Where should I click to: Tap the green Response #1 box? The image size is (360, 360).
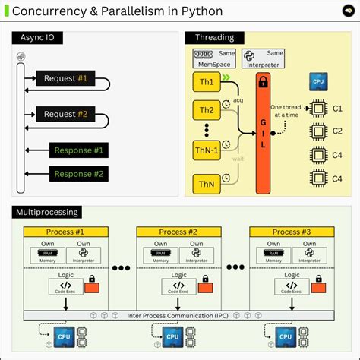(77, 150)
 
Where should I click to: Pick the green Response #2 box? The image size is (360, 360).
(77, 174)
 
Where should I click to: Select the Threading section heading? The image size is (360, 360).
(210, 38)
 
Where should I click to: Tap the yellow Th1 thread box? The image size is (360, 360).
(206, 81)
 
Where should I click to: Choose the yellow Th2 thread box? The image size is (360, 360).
(206, 111)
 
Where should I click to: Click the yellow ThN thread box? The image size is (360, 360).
(206, 184)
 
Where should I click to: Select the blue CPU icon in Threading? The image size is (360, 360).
(317, 82)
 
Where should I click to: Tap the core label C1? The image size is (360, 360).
(339, 109)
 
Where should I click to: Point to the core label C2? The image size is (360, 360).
(339, 131)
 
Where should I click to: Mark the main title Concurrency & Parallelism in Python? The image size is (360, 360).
(117, 12)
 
